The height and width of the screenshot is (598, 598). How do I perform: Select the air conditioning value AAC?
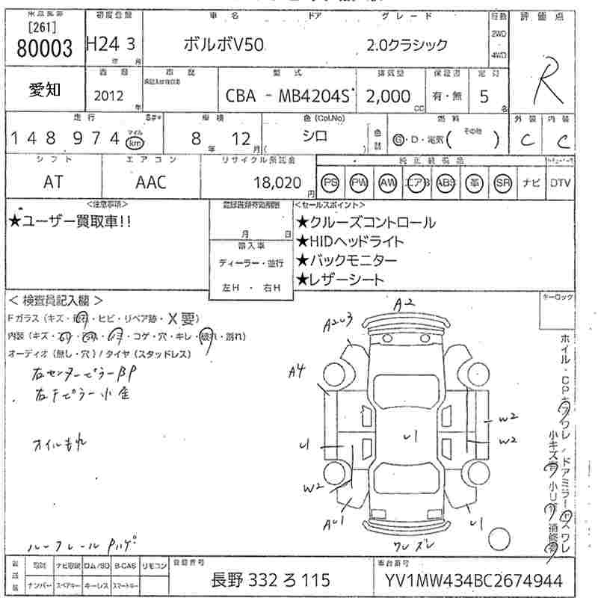(x=151, y=182)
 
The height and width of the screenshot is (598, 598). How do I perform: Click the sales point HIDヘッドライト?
(x=350, y=241)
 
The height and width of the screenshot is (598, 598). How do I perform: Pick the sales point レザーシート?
(x=340, y=280)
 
